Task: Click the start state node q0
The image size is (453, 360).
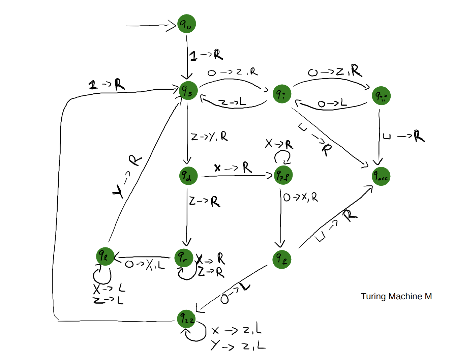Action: [186, 24]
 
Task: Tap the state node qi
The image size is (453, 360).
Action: [282, 94]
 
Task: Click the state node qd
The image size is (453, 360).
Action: [188, 175]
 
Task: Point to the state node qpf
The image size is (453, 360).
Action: [283, 175]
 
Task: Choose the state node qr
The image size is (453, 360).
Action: [184, 258]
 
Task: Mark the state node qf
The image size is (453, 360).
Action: [282, 259]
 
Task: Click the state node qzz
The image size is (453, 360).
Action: [186, 319]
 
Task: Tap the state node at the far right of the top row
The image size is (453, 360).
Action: [381, 96]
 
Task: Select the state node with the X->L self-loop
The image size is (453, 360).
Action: [105, 257]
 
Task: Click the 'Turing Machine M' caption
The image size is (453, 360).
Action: [396, 296]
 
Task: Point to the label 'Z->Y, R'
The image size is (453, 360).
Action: [209, 137]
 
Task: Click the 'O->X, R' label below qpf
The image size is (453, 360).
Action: [300, 197]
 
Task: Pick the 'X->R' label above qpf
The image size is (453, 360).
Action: [279, 144]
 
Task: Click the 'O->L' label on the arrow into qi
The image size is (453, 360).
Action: [332, 103]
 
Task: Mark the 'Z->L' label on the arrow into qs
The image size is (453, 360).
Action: [232, 102]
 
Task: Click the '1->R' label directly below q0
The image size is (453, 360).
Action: [206, 55]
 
